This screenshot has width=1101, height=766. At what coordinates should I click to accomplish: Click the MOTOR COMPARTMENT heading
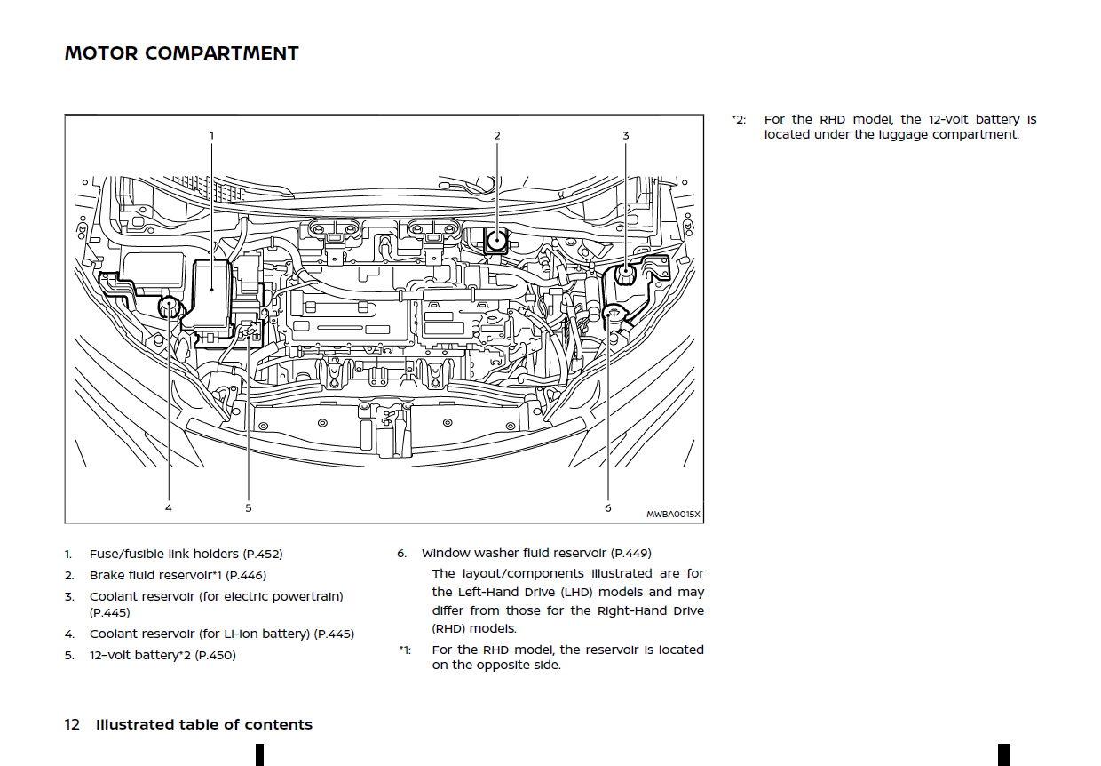181,53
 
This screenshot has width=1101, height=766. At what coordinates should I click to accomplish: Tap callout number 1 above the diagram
212,135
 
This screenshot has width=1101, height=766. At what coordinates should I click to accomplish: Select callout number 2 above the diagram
497,135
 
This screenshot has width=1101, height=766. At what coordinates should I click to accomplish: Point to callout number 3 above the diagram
626,135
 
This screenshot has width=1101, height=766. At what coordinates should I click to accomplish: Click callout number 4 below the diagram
169,508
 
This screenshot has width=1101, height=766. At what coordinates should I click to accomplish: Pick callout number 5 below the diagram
249,508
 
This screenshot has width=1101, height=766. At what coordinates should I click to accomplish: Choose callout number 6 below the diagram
608,508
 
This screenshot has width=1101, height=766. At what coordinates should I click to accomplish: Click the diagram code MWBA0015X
673,515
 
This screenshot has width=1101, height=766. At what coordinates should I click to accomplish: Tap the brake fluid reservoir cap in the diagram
496,241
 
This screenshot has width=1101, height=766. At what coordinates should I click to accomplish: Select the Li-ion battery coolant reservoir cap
169,306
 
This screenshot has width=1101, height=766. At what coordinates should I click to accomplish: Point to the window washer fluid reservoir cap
613,313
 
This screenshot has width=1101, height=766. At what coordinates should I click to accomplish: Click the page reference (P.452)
263,554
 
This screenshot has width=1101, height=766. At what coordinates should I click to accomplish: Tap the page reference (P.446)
246,575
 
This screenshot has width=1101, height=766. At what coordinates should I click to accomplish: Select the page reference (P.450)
215,655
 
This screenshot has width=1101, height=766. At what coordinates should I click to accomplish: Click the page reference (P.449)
631,554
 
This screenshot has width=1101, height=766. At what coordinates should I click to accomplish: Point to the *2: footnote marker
739,120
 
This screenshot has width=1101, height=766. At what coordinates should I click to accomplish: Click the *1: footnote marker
405,650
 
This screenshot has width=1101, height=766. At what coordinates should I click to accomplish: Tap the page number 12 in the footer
72,724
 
